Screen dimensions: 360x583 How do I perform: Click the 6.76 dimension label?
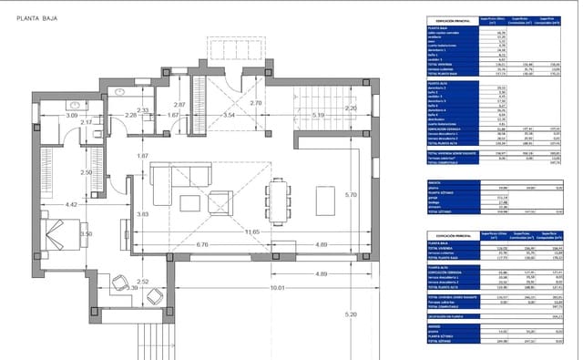[x=202, y=245]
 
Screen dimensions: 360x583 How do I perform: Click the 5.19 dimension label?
[x=318, y=116]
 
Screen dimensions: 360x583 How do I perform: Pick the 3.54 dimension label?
[x=230, y=116]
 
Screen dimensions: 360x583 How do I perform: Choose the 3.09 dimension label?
[x=71, y=116]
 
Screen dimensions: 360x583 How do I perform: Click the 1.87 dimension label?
[x=142, y=157]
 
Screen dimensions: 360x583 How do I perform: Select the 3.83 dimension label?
[x=142, y=213]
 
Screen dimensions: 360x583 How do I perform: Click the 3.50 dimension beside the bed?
[x=87, y=234]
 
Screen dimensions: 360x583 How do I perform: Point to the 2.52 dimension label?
[x=142, y=283]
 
